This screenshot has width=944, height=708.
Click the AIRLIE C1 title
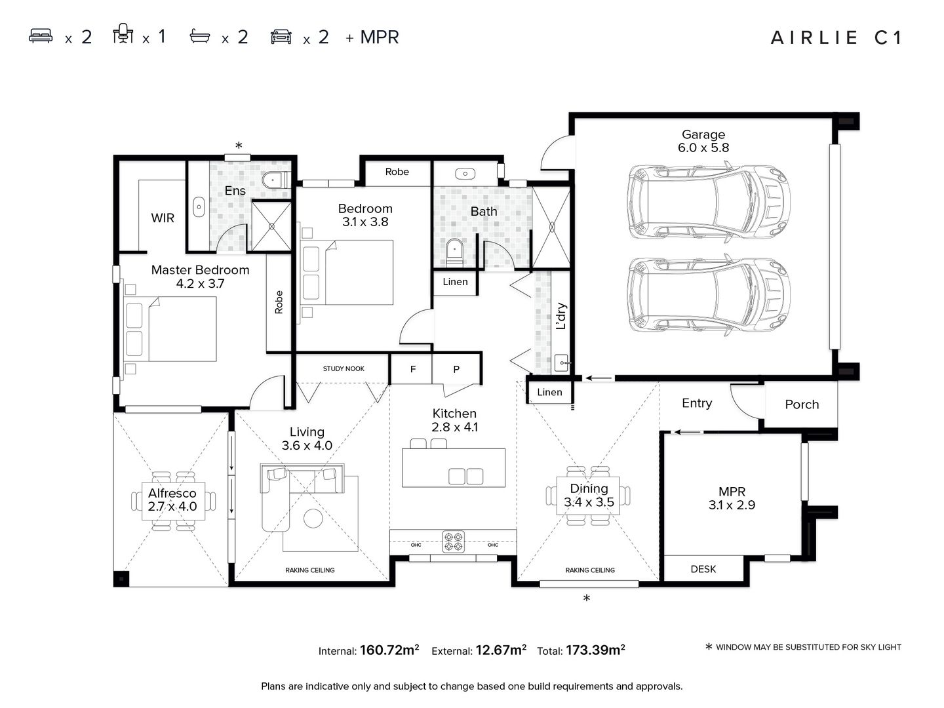836,37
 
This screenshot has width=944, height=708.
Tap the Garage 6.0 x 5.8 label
703,141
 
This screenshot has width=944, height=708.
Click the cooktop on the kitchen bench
453,541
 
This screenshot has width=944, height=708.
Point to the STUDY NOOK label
344,368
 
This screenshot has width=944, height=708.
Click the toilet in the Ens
274,179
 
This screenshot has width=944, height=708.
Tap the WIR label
163,218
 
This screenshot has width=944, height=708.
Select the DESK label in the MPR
703,569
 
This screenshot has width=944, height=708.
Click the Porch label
802,404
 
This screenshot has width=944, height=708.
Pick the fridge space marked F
412,369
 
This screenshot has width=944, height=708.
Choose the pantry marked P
456,369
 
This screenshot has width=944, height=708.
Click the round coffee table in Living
313,519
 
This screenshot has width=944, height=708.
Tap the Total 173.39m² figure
581,650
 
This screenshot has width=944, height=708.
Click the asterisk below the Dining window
587,598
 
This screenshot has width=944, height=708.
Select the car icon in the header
281,36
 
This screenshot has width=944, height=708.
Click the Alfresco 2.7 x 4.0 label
172,500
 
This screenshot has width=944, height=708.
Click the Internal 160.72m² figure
369,650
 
